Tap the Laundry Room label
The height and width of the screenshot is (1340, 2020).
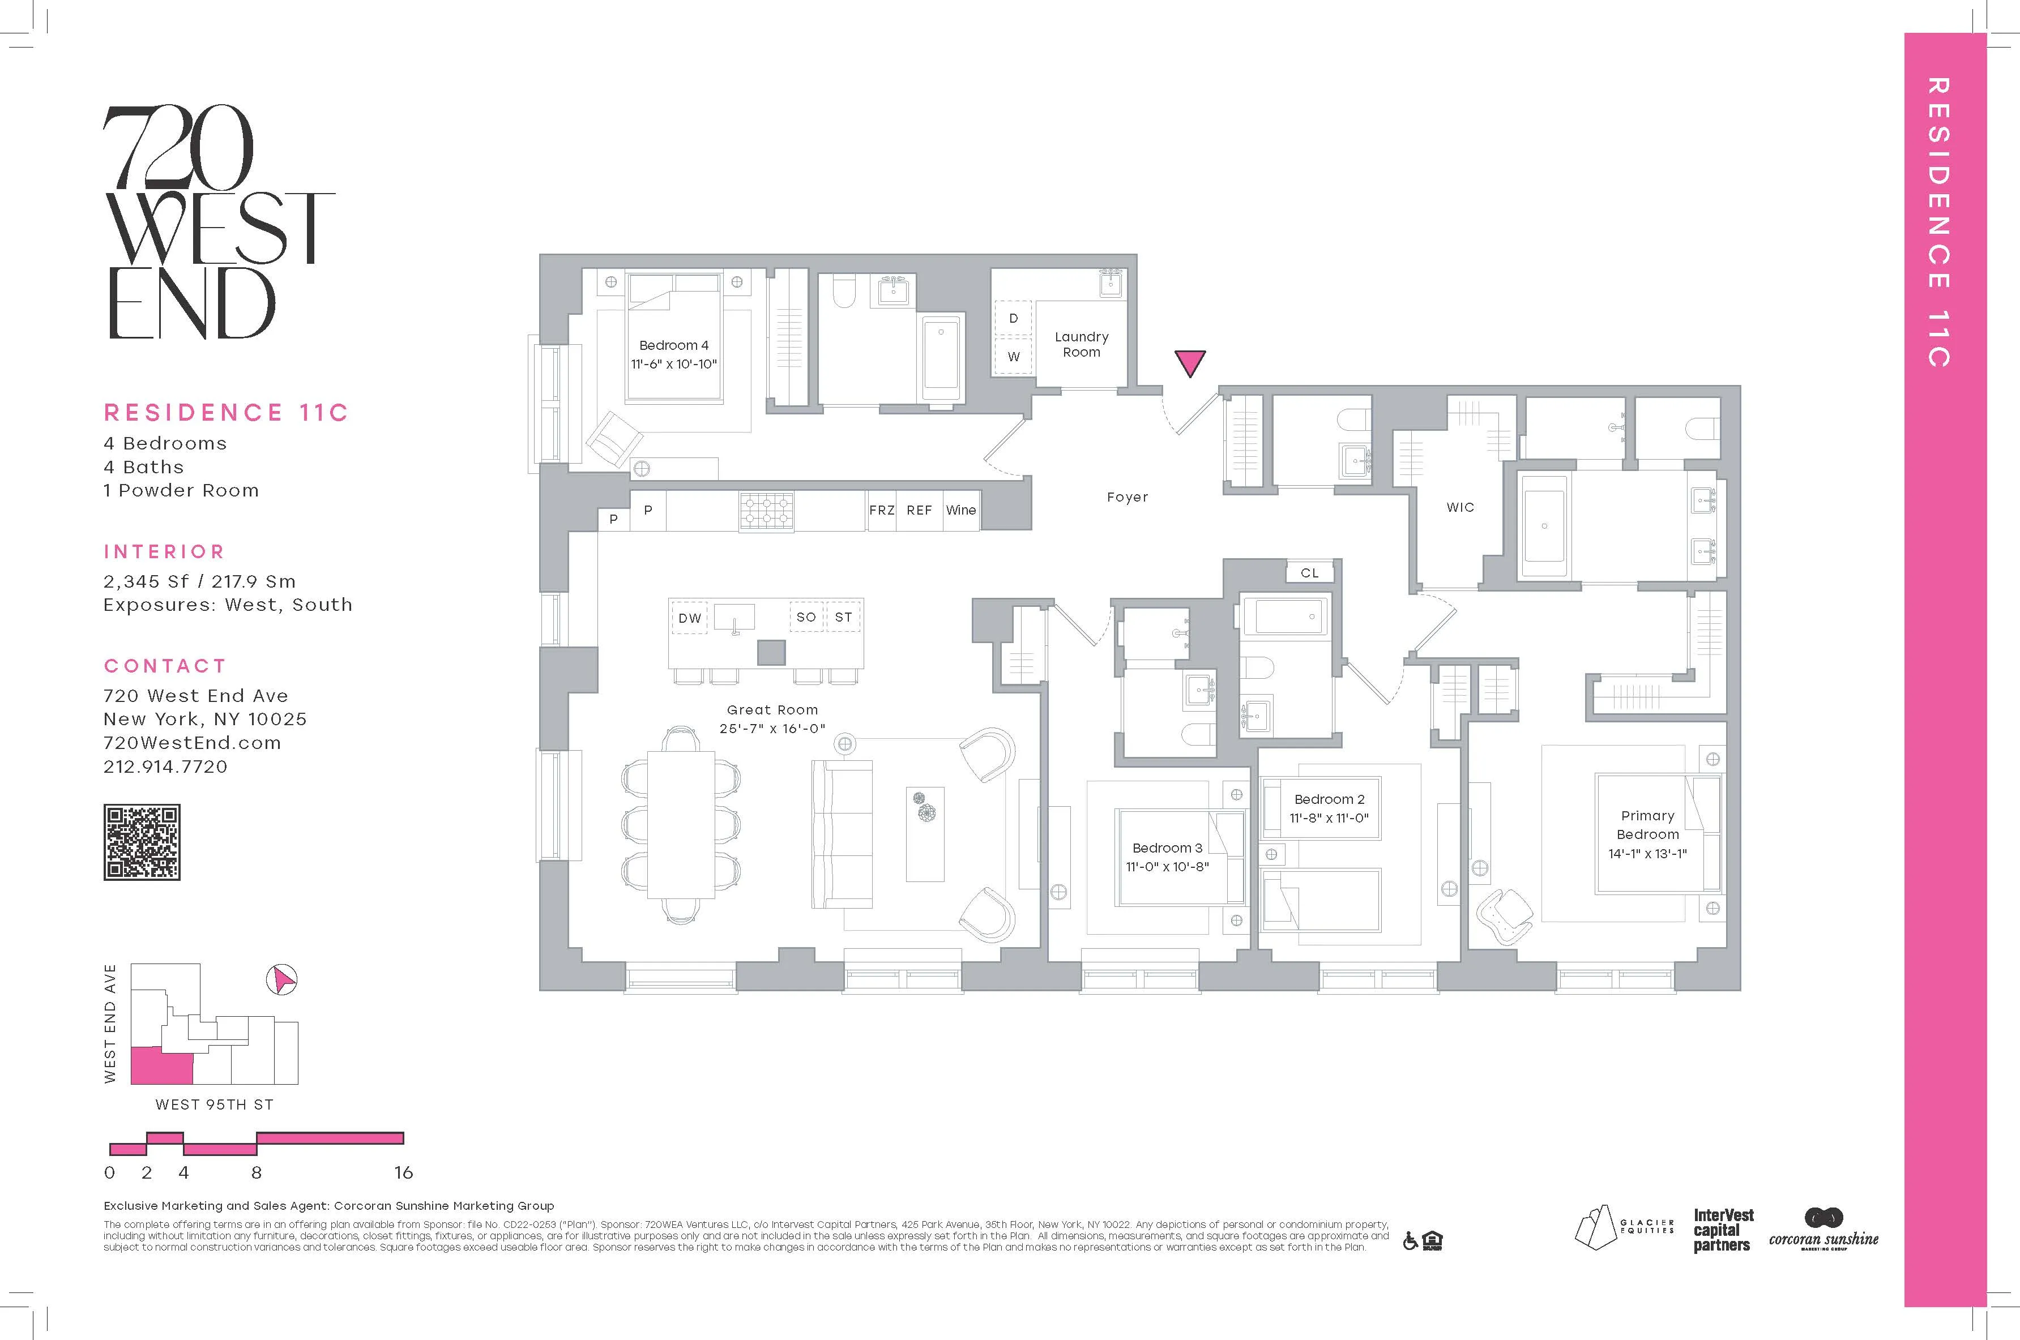tap(1082, 344)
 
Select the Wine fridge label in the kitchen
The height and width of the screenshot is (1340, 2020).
tap(961, 510)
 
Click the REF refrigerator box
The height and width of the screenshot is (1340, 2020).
tap(919, 510)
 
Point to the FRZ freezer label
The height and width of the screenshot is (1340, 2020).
tap(881, 510)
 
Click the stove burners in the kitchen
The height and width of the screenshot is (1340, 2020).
tap(766, 510)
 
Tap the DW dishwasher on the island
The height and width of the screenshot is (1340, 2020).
tap(690, 618)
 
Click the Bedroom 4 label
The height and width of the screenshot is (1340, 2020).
tap(674, 345)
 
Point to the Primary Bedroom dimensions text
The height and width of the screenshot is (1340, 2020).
tap(1647, 853)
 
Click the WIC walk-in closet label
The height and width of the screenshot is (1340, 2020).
tap(1460, 507)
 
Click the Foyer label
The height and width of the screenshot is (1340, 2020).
tap(1127, 496)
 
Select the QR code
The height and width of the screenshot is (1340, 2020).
tap(142, 842)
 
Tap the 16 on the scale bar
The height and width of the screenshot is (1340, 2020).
tap(403, 1172)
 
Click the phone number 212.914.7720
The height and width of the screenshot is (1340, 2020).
tap(166, 767)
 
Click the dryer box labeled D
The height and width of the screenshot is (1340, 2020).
tap(1014, 318)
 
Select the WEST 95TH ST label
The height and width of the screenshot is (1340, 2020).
tap(213, 1104)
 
